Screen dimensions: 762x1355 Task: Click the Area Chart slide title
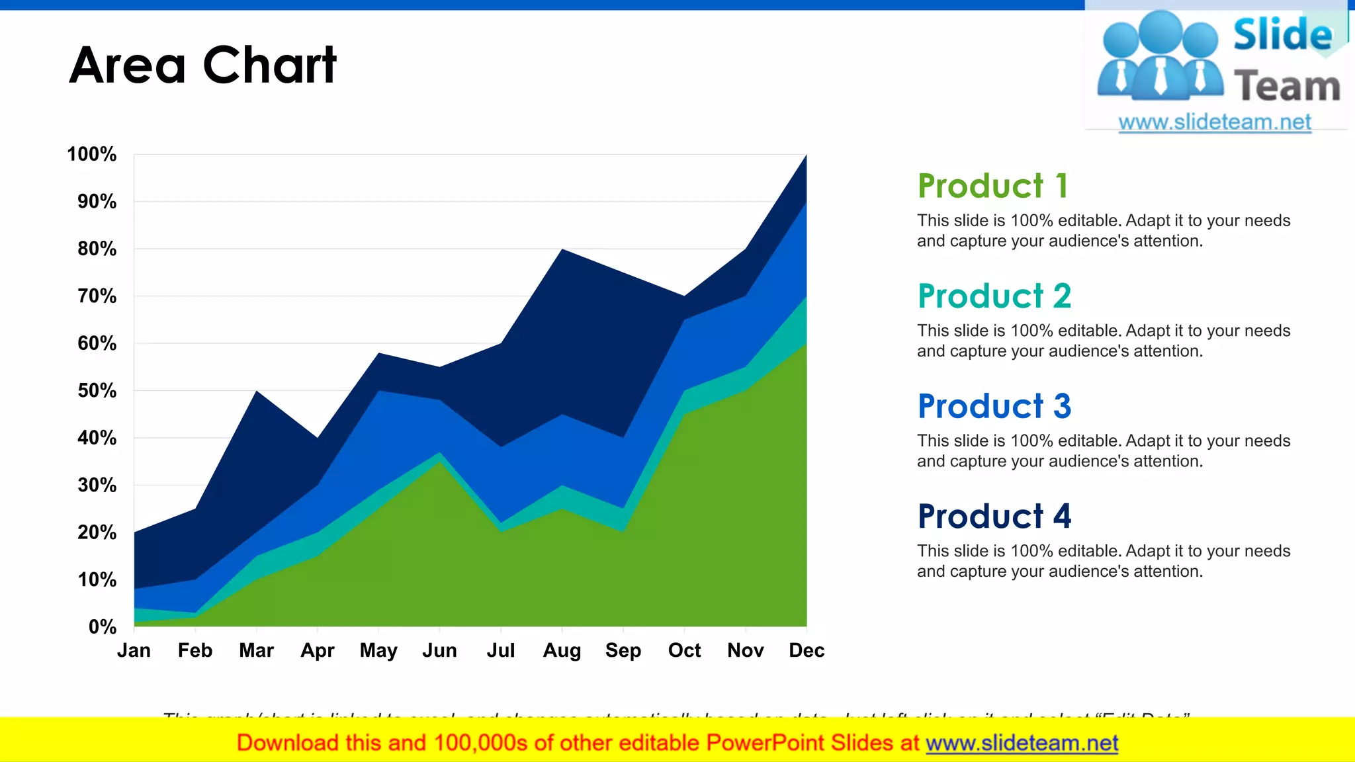202,65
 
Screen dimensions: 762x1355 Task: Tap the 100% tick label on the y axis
91,154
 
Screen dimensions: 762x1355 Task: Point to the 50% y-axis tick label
97,390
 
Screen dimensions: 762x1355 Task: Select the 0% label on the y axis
102,626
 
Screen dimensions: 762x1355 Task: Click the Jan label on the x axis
134,650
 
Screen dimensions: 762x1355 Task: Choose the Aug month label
562,650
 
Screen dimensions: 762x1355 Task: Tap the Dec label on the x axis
806,650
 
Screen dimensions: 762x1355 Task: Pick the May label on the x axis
378,650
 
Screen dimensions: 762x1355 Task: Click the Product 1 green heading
992,186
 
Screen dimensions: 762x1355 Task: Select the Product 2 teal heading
994,296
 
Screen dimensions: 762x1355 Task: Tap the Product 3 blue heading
994,406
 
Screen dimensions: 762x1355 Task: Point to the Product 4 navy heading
994,516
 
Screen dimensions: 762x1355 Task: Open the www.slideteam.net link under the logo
1215,122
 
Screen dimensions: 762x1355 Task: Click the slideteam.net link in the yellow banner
1022,743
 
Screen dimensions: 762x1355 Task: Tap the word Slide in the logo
1282,34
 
